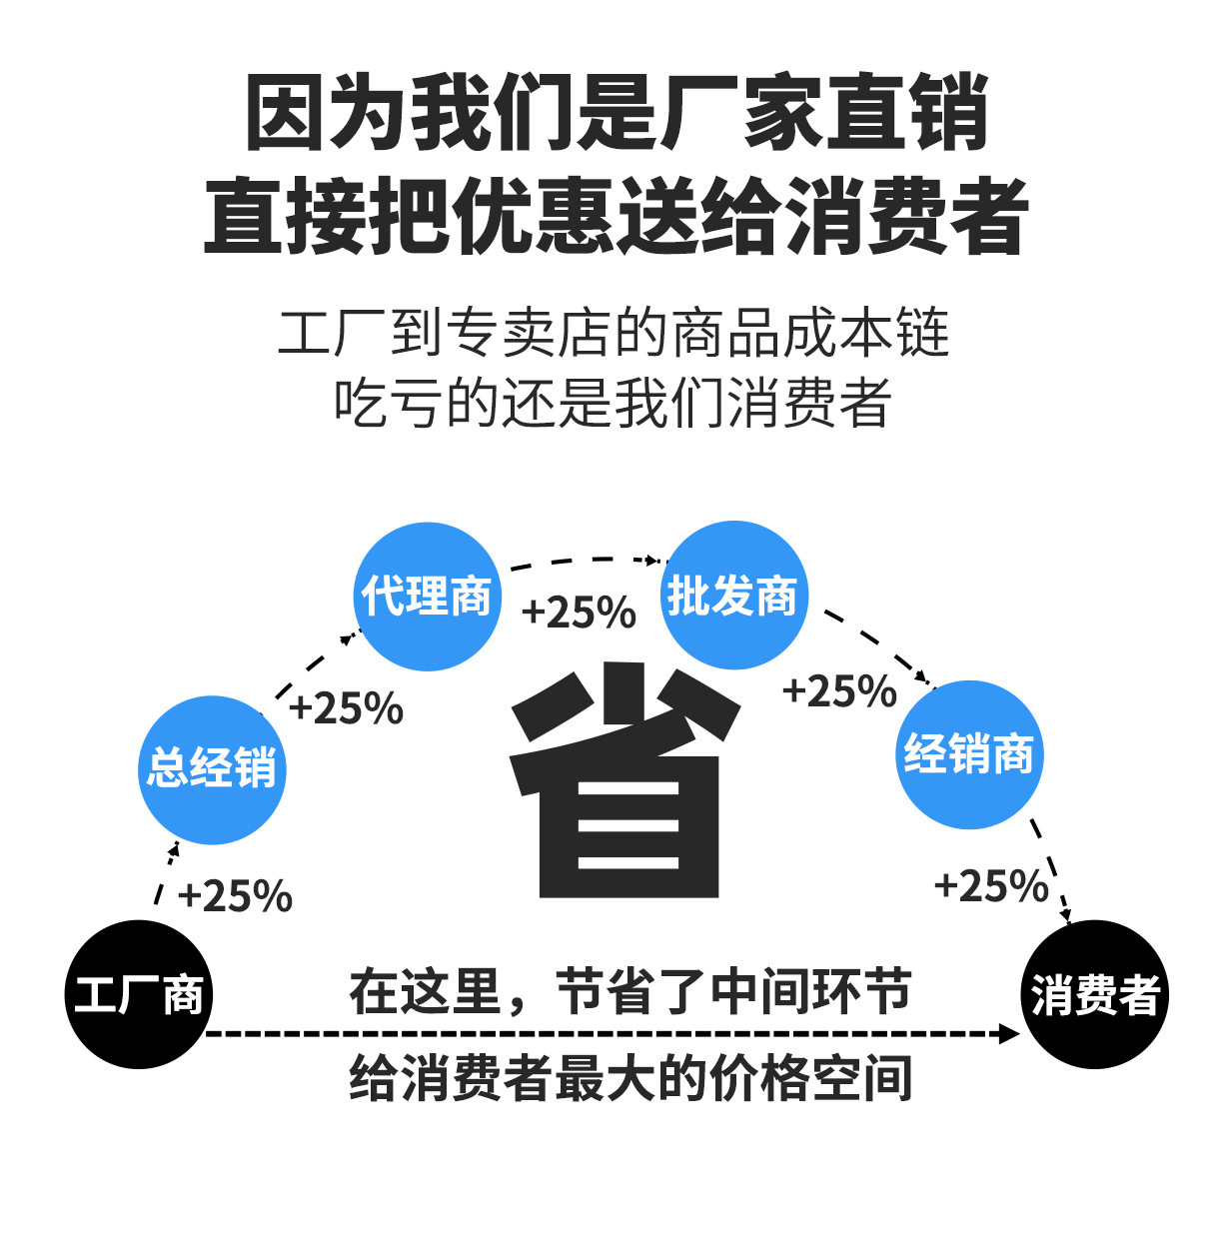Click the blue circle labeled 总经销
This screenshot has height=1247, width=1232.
click(212, 769)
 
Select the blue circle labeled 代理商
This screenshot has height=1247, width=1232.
click(428, 596)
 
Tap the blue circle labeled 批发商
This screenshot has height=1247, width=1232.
click(733, 596)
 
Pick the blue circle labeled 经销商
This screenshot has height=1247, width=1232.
click(968, 754)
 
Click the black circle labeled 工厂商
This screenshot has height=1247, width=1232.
click(139, 994)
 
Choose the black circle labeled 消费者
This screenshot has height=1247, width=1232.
click(1095, 994)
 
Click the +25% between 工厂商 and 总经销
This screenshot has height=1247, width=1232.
click(235, 896)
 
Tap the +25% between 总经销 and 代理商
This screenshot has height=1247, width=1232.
click(346, 708)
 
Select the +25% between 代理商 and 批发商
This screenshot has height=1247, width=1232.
click(579, 613)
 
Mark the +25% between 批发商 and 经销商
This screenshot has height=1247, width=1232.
click(839, 691)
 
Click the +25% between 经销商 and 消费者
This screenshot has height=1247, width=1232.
click(991, 886)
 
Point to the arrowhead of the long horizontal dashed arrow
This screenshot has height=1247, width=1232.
click(1009, 1033)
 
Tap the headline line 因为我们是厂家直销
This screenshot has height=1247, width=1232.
click(616, 112)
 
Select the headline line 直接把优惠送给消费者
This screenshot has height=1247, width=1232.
click(616, 216)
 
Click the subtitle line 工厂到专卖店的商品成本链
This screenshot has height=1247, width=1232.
click(614, 334)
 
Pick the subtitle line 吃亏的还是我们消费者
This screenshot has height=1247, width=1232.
click(614, 403)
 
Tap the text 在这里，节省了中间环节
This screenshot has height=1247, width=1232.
click(629, 992)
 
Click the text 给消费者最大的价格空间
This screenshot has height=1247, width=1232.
click(629, 1079)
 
